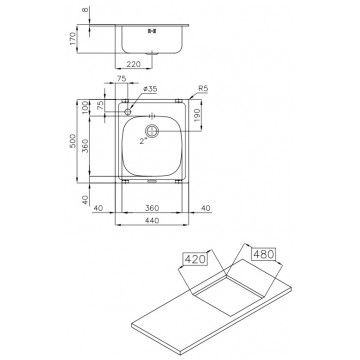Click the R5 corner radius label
click(202, 88)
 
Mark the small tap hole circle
click(127, 106)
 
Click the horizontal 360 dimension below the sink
click(150, 208)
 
